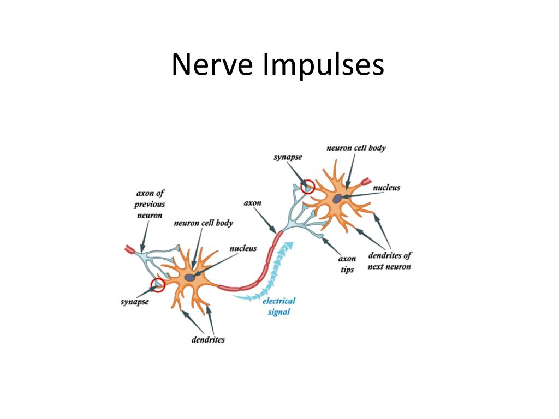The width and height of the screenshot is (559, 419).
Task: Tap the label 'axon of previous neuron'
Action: coord(150,204)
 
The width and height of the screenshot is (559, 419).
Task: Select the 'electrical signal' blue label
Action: coord(279,306)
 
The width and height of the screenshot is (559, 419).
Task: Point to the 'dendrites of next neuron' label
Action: coord(389,261)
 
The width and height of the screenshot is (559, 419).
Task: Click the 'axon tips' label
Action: coord(347,264)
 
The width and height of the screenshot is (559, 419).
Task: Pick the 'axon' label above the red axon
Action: coord(252,203)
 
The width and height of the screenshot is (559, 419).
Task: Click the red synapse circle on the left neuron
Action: coord(158,284)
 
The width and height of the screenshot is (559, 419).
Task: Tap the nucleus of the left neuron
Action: coord(189,278)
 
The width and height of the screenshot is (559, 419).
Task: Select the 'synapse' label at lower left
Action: coord(134,302)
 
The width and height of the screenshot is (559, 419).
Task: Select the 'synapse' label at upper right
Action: coord(288,157)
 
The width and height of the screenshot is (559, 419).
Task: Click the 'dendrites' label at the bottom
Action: coord(207,339)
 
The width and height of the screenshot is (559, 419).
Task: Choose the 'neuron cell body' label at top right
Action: coord(356,148)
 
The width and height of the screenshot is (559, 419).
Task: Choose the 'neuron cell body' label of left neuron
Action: coord(203,223)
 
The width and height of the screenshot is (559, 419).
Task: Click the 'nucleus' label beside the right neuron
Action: coord(386,188)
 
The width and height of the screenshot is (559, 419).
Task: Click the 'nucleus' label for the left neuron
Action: coord(243,248)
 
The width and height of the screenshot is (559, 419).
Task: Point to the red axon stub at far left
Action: coord(130,249)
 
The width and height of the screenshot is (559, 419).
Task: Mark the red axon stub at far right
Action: coord(365,181)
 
